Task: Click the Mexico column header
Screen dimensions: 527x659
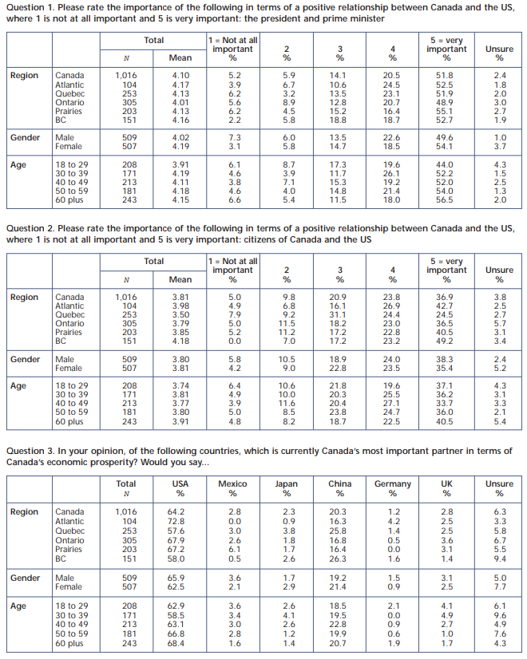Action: coord(232,483)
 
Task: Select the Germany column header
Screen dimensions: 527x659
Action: coord(392,484)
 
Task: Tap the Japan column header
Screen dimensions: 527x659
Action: coord(287,484)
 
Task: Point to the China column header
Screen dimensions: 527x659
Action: coord(340,483)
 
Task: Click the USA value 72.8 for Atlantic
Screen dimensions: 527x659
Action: coord(176,521)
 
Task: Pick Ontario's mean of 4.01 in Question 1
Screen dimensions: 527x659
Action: coord(180,103)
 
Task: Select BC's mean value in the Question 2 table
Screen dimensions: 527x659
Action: coord(180,341)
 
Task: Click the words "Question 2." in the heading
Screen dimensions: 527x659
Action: coord(30,229)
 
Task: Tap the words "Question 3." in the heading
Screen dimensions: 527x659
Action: coord(30,451)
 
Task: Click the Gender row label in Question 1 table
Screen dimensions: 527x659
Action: coord(26,137)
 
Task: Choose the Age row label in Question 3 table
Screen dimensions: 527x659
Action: coord(18,606)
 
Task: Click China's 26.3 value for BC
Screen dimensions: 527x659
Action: coord(338,558)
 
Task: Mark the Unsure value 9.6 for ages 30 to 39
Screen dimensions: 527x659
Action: coord(500,615)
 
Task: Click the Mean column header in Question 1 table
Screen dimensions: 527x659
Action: coord(180,57)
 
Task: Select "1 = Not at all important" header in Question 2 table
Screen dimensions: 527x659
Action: coord(232,266)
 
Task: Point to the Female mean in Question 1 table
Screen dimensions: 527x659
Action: coord(180,146)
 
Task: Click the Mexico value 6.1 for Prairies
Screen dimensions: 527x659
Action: coord(235,549)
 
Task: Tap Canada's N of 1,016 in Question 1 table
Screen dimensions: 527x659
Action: coord(125,75)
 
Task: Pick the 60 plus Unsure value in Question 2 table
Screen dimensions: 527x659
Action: coord(500,421)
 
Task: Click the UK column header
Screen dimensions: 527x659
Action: coord(446,483)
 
